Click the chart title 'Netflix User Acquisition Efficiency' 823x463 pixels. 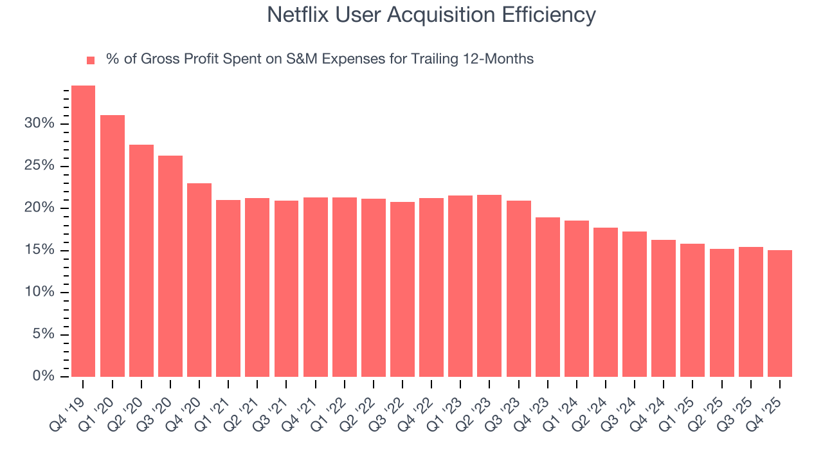pos(431,15)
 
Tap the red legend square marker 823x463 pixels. pos(91,60)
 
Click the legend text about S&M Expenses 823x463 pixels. pos(320,59)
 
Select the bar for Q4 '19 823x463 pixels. pos(83,232)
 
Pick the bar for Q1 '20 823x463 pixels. pos(113,246)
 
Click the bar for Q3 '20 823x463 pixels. pos(170,266)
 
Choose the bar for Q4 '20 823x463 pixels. pos(199,280)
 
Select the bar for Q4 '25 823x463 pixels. pos(780,313)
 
